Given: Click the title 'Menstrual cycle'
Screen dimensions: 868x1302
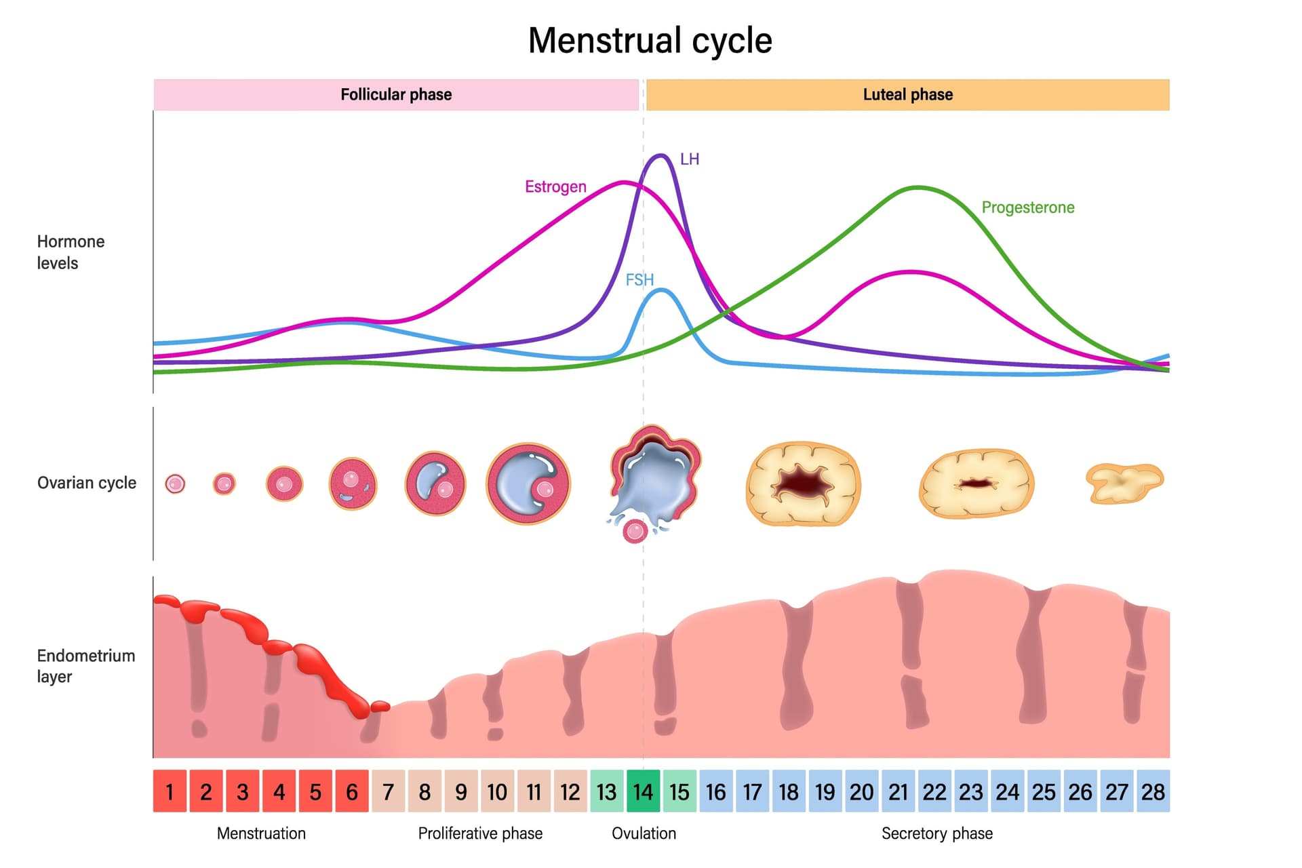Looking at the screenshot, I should pos(650,41).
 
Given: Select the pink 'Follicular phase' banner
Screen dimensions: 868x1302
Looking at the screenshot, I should pos(396,94).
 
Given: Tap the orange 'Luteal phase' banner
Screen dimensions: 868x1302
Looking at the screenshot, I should pos(907,94).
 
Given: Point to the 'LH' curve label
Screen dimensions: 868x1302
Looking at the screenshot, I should pos(689,159).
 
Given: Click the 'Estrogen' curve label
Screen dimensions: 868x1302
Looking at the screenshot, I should pos(555,186).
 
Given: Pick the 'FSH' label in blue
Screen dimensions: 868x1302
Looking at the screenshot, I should pos(639,279).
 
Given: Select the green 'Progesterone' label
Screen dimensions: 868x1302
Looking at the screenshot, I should pos(1027,208).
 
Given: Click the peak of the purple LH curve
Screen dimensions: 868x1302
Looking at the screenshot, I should pos(659,156).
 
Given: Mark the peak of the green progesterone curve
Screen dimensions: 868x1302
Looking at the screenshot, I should pos(918,187).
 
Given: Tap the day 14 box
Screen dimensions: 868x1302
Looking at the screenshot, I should pos(643,791).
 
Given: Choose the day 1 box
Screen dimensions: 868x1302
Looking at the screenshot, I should pos(170,791).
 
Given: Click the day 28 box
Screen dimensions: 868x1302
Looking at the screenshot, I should pos(1153,791).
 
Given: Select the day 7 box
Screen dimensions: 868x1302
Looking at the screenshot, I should pos(388,791).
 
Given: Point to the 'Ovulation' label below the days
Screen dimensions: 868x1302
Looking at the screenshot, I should pos(644,833).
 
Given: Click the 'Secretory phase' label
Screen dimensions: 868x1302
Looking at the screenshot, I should pos(936,833).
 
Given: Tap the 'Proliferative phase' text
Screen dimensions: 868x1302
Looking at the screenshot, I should pos(480,833).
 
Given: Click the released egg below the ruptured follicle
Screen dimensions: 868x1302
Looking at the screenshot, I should pos(635,532).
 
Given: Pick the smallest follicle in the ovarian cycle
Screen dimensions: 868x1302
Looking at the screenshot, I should pos(175,484).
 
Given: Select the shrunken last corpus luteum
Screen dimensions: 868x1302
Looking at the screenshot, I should pos(1124,483).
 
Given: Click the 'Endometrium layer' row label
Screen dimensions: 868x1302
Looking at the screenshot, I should pos(85,666).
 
